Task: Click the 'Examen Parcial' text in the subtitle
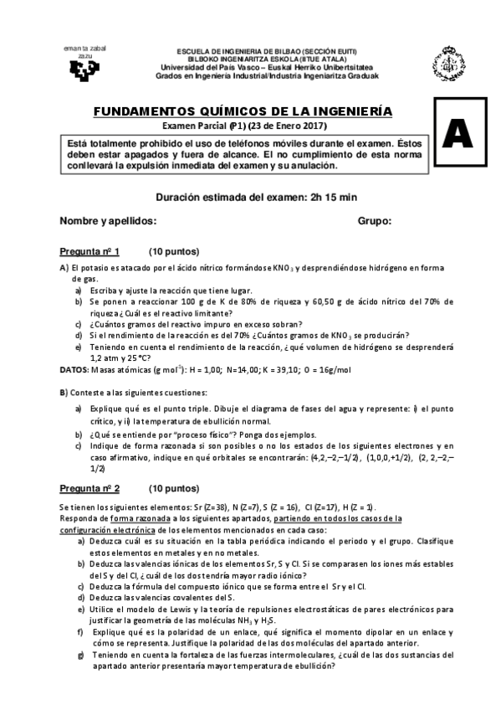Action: pyautogui.click(x=194, y=126)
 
